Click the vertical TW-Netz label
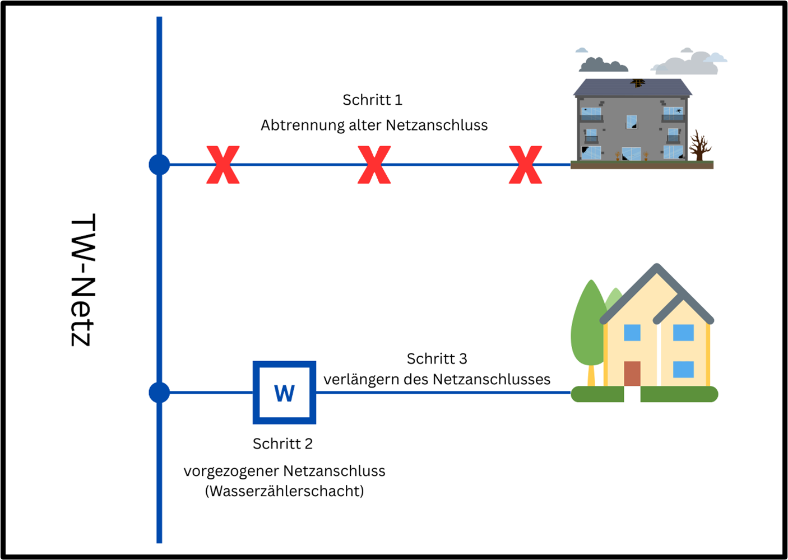click(x=83, y=280)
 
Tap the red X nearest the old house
click(x=525, y=165)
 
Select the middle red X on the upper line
click(x=374, y=165)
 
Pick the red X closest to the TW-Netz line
click(x=223, y=165)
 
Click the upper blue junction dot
click(x=159, y=165)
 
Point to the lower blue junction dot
click(x=159, y=393)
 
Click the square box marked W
click(x=284, y=393)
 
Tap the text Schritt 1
click(x=372, y=100)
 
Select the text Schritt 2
click(x=282, y=444)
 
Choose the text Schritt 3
click(x=437, y=359)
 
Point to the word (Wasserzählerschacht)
click(x=284, y=492)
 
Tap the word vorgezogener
click(x=230, y=472)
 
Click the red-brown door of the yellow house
click(x=632, y=374)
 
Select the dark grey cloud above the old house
click(x=602, y=65)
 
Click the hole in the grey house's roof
click(x=637, y=83)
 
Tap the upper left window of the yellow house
click(x=632, y=333)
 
